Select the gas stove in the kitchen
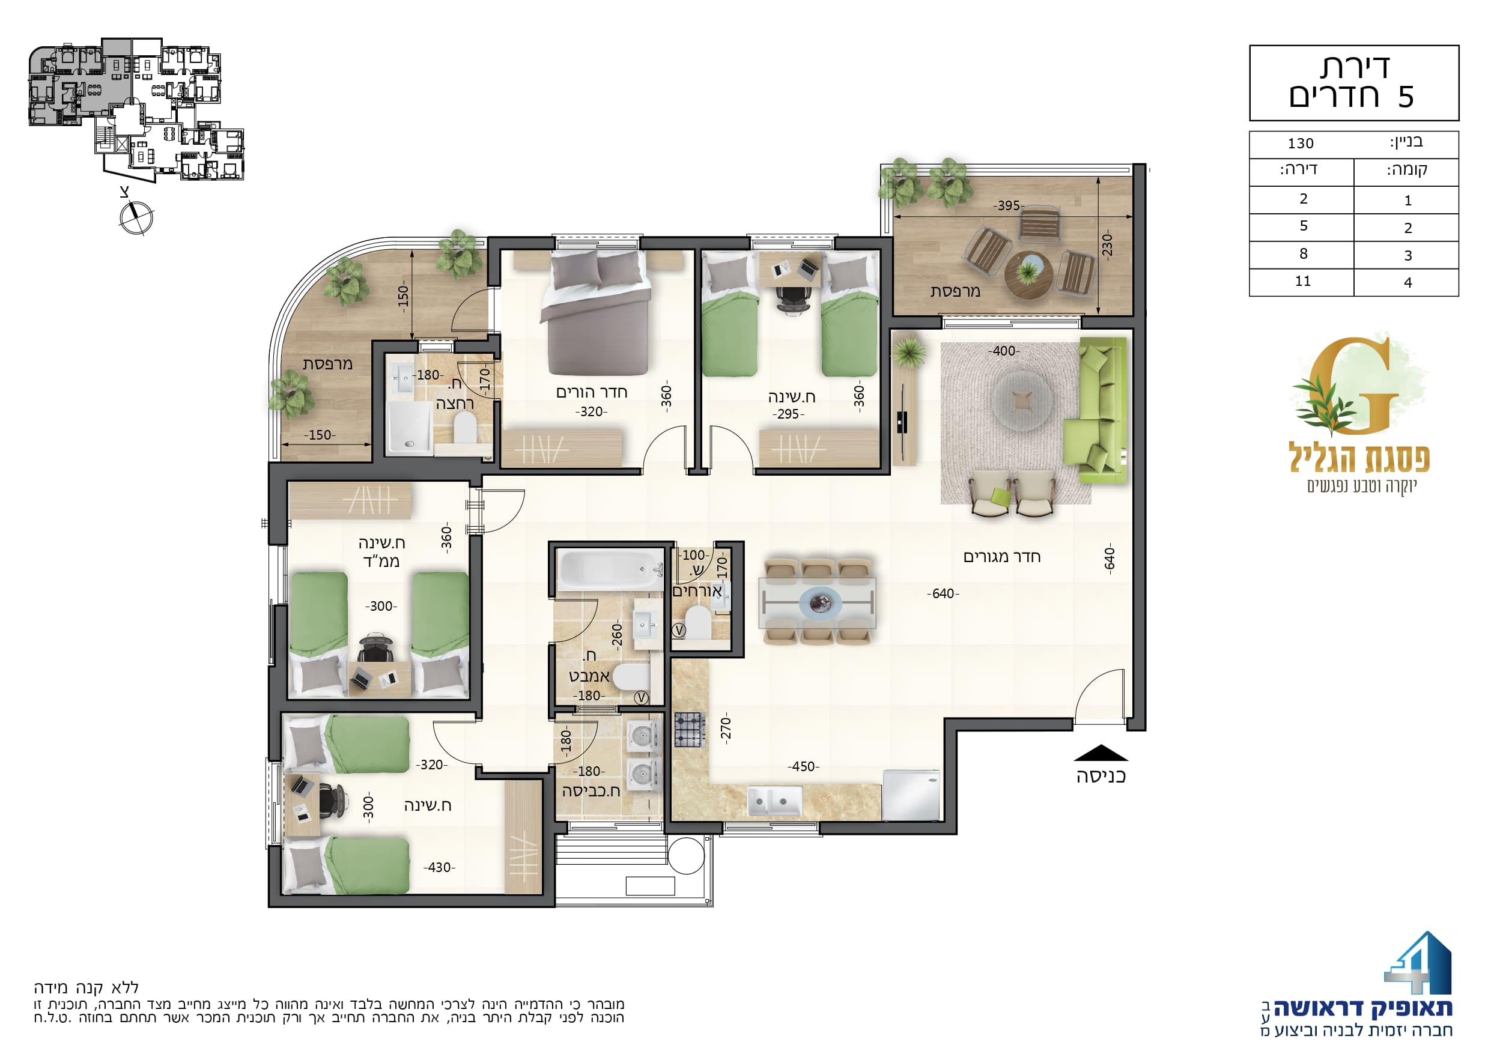[690, 730]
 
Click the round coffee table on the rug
[1023, 400]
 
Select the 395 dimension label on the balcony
[1009, 206]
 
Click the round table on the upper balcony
[1028, 273]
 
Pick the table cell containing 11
[1302, 282]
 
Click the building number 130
[1301, 144]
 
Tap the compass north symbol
[136, 217]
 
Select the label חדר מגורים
[1002, 557]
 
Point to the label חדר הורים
[592, 392]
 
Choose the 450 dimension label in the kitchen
[803, 767]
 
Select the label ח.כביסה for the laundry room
[591, 791]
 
